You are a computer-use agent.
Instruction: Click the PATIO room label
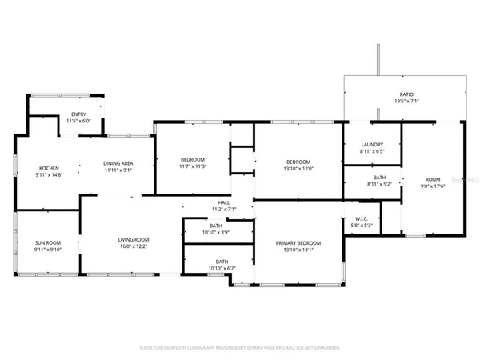(406, 94)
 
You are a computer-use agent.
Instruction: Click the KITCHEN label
(50, 168)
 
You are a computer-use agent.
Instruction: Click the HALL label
(224, 202)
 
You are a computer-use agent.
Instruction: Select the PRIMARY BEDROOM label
(298, 242)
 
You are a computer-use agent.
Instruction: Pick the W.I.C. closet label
(361, 218)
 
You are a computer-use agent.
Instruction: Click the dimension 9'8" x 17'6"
(432, 186)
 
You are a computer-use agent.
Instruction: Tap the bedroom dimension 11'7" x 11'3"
(193, 166)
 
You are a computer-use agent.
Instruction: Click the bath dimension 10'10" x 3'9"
(216, 233)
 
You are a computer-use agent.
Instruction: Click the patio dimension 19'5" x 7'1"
(406, 101)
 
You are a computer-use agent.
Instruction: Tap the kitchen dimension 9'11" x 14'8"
(50, 175)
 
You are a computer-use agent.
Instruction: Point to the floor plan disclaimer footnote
(239, 348)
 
